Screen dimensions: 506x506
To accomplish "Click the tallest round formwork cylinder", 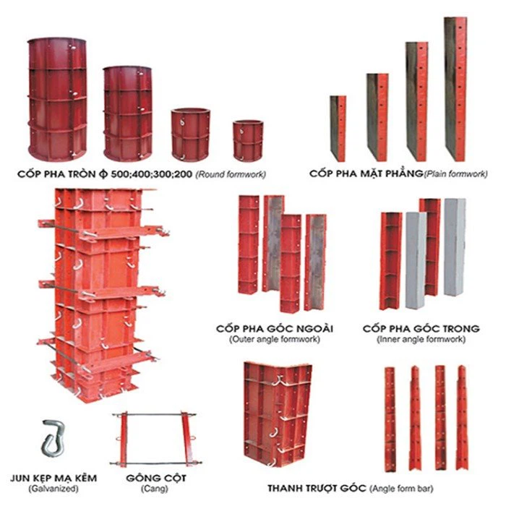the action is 57,99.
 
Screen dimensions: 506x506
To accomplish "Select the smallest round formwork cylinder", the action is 248,141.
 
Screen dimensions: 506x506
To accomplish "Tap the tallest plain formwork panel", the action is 455,89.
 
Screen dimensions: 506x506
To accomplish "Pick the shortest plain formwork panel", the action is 338,129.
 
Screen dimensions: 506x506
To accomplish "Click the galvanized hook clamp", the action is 53,438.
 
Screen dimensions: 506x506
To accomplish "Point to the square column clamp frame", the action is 155,438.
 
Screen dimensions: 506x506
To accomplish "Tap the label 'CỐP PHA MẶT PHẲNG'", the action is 366,173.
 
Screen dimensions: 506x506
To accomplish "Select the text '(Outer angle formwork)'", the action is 275,340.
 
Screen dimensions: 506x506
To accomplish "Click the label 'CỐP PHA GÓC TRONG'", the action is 421,328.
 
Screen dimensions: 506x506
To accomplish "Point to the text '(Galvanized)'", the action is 53,489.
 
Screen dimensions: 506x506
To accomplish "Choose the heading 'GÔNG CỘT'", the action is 156,478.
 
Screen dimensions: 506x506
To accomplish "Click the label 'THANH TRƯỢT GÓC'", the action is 317,488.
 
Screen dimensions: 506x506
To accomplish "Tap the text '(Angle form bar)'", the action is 401,489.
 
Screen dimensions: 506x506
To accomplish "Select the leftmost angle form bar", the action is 390,419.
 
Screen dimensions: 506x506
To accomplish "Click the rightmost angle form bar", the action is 463,418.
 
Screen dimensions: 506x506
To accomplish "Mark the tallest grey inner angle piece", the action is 455,247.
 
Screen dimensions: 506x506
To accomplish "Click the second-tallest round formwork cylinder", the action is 128,113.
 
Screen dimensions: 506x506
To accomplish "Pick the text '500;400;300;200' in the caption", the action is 151,174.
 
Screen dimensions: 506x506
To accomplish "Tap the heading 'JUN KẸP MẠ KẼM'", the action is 53,478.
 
